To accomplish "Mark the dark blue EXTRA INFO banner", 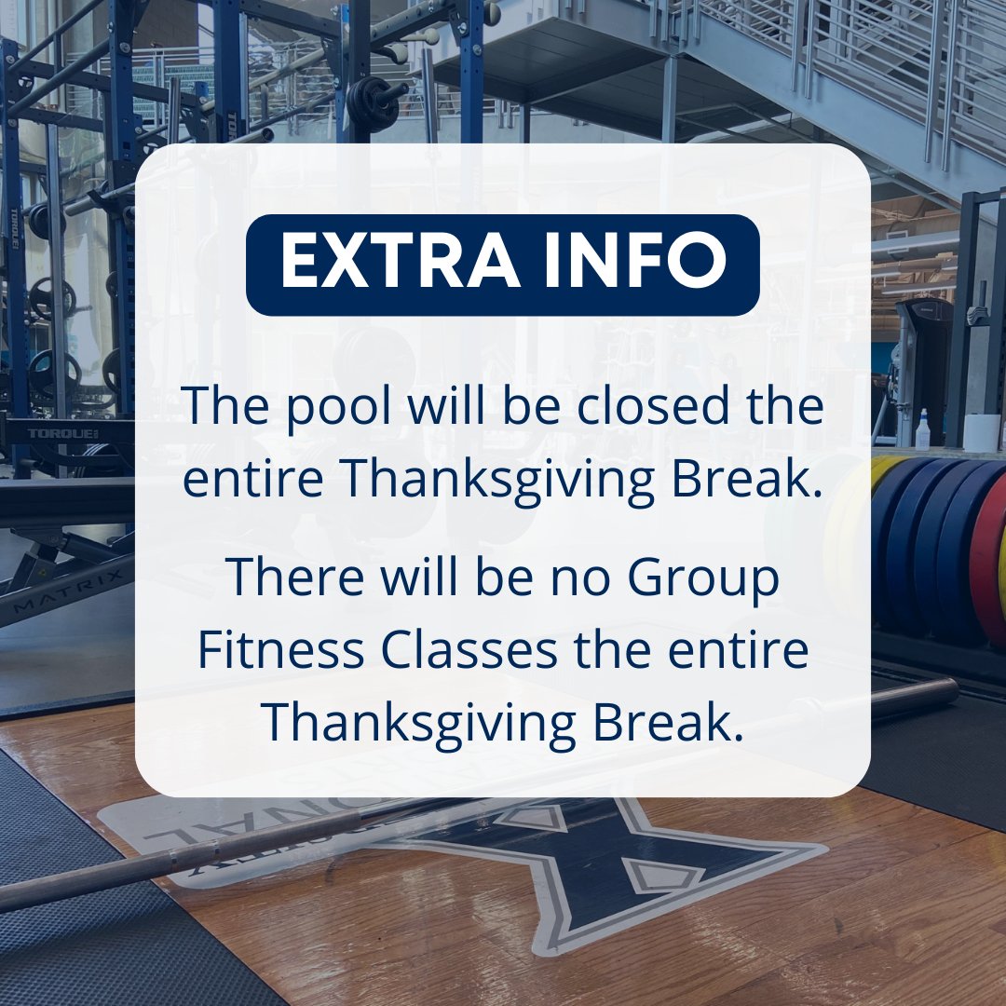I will coord(503,265).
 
